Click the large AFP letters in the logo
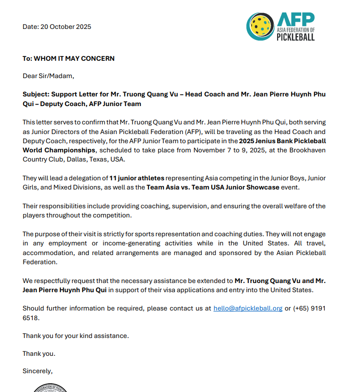(x=295, y=20)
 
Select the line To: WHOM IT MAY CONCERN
(x=68, y=58)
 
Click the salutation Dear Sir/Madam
(x=49, y=76)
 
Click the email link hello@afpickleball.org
(x=248, y=308)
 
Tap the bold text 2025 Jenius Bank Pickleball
(x=282, y=141)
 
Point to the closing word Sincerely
(x=38, y=371)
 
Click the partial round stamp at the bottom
(x=50, y=388)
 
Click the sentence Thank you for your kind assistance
(x=76, y=336)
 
